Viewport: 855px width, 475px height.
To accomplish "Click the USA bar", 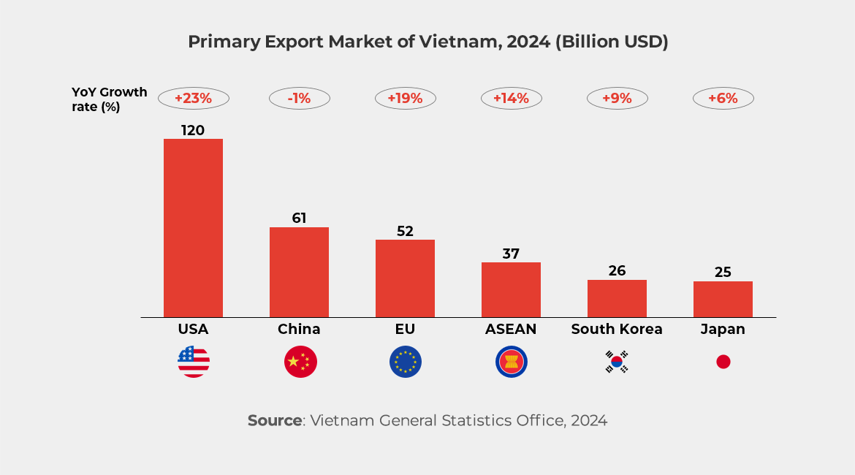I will coord(193,228).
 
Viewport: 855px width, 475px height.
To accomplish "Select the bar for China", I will coord(299,272).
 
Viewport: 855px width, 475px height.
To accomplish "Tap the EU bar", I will coord(405,278).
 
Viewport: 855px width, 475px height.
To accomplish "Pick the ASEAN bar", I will coord(511,289).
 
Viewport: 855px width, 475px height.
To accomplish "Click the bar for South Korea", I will coord(617,298).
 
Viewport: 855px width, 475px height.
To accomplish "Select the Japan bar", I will coord(723,299).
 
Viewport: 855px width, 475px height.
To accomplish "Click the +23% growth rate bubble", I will coord(193,98).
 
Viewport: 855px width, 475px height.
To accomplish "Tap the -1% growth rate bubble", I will coord(299,98).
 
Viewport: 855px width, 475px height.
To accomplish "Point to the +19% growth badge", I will coord(405,98).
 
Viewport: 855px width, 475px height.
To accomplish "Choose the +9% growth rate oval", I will coord(617,98).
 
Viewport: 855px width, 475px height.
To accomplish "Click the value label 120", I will coord(193,130).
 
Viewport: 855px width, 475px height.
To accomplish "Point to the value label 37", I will coord(511,254).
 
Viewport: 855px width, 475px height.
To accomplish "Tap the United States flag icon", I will coord(193,362).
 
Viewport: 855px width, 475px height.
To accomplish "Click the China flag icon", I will coord(300,362).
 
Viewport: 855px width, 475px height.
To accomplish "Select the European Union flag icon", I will coord(406,362).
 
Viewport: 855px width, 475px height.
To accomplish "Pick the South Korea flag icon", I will coord(617,362).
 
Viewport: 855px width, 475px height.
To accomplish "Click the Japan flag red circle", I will coord(723,362).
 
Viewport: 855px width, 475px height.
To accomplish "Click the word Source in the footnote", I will coord(274,420).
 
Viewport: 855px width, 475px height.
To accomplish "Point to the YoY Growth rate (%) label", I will coord(109,99).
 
